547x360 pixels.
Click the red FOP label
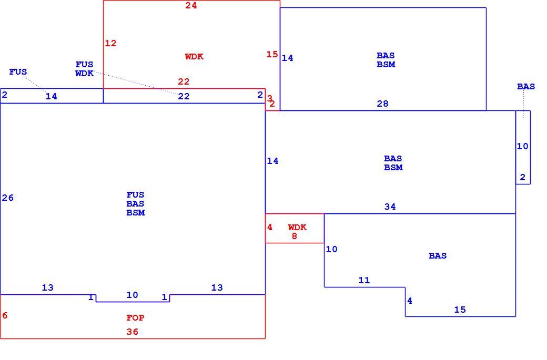pos(135,317)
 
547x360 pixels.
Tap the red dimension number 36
pos(132,332)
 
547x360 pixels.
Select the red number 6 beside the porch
pos(5,315)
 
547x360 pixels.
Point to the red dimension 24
pos(191,5)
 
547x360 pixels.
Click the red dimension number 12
pos(110,43)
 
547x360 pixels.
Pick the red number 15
pos(272,54)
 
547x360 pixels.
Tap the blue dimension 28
pos(383,104)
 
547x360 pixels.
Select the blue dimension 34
pos(390,207)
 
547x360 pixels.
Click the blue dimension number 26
pos(8,198)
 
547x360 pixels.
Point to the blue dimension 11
pos(364,280)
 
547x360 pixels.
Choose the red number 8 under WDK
pos(295,236)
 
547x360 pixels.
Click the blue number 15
pos(460,310)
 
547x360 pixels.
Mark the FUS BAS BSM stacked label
pos(135,203)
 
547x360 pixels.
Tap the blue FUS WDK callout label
pos(85,69)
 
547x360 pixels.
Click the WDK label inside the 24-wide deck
pos(194,56)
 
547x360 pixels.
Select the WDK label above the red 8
pos(297,227)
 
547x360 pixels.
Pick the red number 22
pos(184,81)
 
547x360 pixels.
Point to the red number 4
pos(270,227)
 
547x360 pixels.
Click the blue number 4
pos(410,301)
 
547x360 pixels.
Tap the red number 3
pos(269,98)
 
